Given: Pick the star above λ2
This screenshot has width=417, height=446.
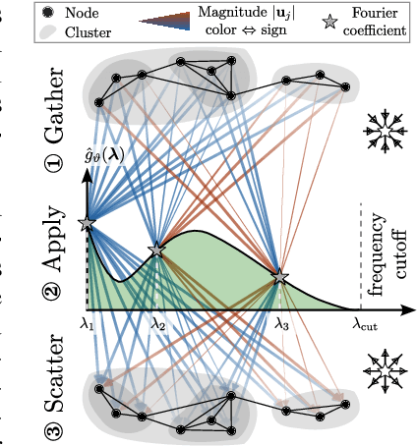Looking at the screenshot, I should click(155, 250).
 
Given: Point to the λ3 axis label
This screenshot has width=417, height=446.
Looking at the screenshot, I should click(281, 322).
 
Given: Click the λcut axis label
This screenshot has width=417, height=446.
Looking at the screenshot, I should click(366, 322).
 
